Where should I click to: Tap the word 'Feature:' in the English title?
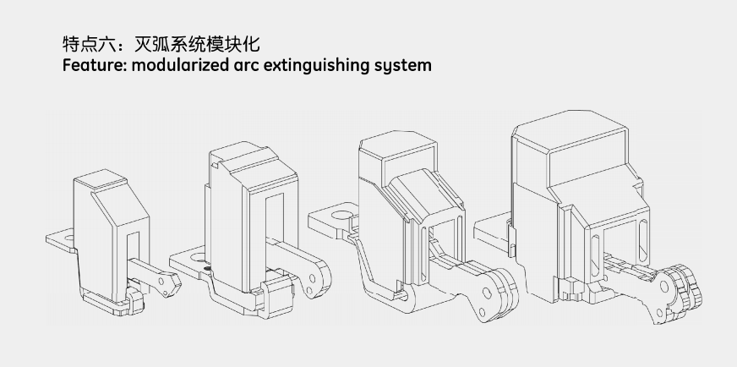coord(93,65)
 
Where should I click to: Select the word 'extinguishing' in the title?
coord(319,65)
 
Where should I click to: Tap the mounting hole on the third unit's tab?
coord(339,216)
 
